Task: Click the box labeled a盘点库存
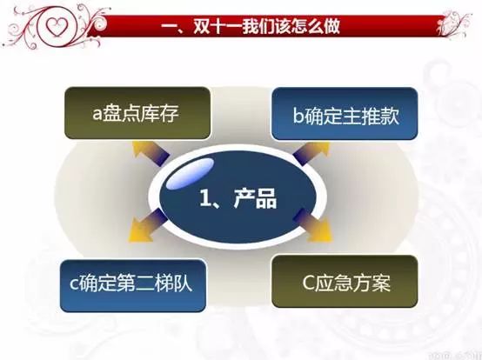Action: [x=137, y=113]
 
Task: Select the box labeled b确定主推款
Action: [x=345, y=114]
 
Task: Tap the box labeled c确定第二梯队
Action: [x=133, y=286]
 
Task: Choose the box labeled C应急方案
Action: [x=345, y=282]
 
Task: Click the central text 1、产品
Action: [x=238, y=198]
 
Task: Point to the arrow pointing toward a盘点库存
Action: [x=150, y=153]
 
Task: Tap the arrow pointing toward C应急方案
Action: [x=313, y=225]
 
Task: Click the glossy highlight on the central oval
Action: [x=190, y=174]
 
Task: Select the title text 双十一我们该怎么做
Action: [x=267, y=26]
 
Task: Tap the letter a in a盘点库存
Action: [x=97, y=114]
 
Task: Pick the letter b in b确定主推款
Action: [x=298, y=116]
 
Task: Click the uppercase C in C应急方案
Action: [x=308, y=283]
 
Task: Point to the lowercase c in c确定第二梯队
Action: [x=74, y=284]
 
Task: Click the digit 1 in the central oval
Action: [x=204, y=197]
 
